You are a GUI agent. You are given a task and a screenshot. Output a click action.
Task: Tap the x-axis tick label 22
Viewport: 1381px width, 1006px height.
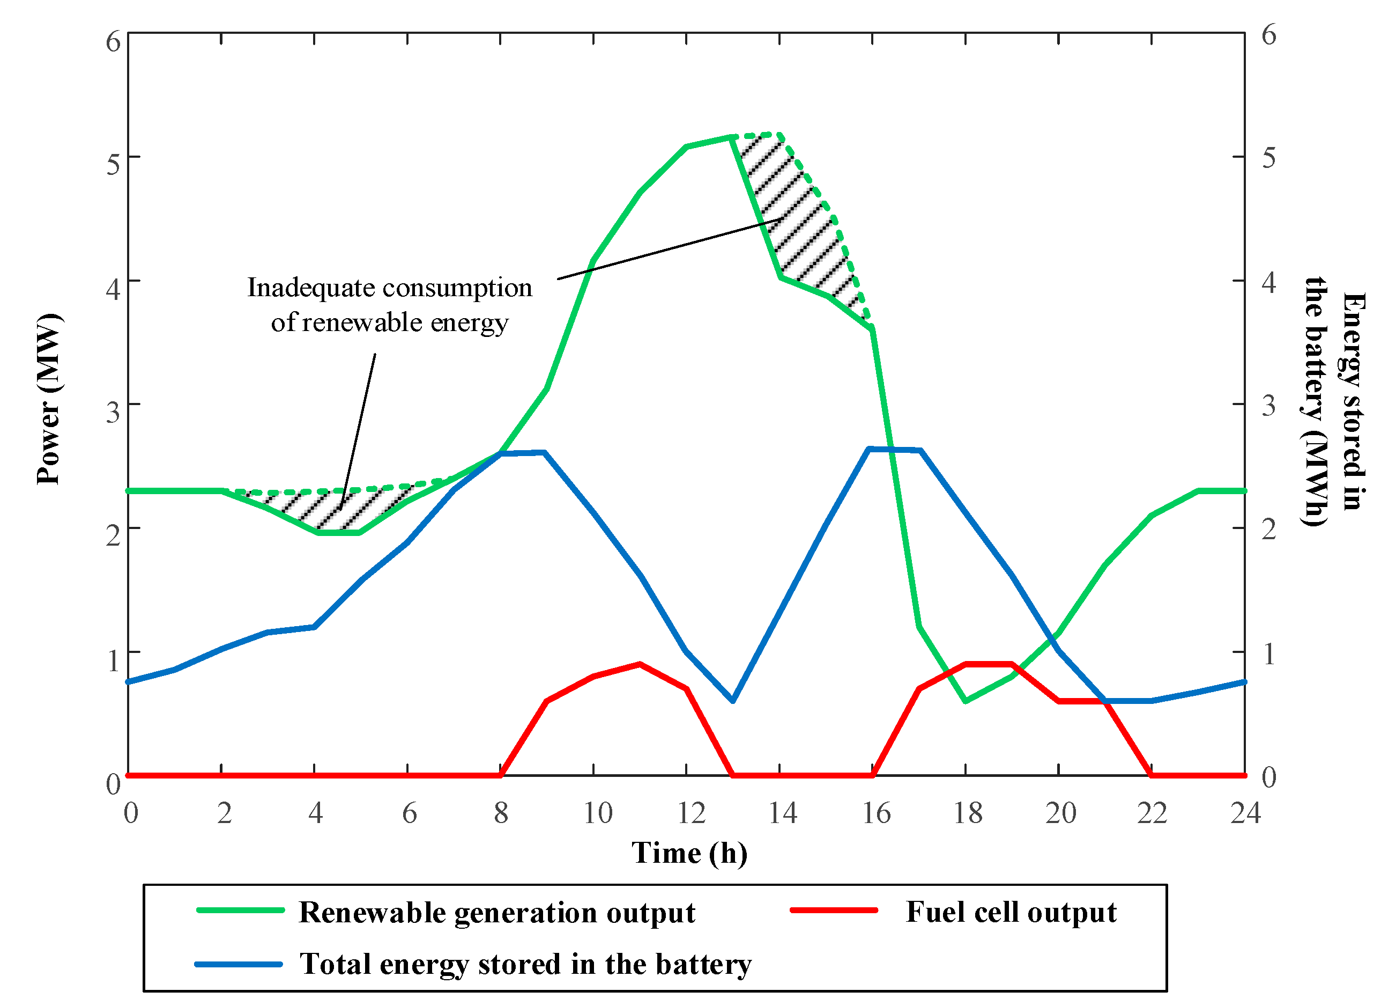tap(1152, 813)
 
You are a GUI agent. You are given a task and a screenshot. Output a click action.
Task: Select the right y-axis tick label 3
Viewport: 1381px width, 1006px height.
tap(1269, 405)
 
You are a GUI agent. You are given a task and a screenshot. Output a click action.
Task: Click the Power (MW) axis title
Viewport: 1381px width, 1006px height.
tap(49, 400)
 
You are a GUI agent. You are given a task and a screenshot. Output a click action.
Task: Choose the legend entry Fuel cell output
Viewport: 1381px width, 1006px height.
tap(1011, 912)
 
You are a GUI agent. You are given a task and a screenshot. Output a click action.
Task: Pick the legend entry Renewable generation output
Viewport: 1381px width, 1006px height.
tap(497, 913)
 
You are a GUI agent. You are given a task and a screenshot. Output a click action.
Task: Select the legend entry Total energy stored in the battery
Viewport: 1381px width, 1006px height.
tap(525, 964)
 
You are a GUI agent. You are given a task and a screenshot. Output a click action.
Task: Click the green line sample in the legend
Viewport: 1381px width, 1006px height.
tap(241, 910)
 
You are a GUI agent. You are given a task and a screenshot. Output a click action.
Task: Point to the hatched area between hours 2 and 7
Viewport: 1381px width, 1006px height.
tap(329, 509)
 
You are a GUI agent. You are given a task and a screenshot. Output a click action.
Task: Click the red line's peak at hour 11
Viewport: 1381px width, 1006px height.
tap(640, 664)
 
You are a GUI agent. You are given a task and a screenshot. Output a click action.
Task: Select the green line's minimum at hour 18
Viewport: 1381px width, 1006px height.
tap(966, 701)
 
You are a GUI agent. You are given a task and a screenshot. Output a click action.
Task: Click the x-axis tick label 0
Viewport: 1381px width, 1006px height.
tap(131, 813)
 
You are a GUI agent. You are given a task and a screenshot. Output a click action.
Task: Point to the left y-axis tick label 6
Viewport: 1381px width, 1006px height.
tap(113, 42)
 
